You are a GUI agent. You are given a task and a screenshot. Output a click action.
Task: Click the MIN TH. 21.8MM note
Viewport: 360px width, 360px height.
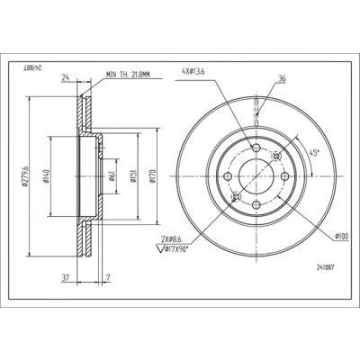click(x=128, y=75)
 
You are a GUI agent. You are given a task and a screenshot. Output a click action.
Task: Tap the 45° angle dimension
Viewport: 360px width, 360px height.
click(x=313, y=153)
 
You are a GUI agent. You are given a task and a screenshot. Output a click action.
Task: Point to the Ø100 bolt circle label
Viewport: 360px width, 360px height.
click(x=342, y=237)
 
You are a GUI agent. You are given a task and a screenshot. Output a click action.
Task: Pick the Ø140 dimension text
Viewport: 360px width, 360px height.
click(x=46, y=176)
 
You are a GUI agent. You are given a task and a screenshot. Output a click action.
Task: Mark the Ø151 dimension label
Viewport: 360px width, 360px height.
click(x=132, y=176)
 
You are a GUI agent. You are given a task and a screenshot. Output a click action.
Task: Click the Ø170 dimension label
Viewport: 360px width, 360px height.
click(x=152, y=176)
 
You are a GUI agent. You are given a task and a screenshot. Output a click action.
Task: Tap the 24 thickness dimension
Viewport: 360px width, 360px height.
click(x=66, y=77)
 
